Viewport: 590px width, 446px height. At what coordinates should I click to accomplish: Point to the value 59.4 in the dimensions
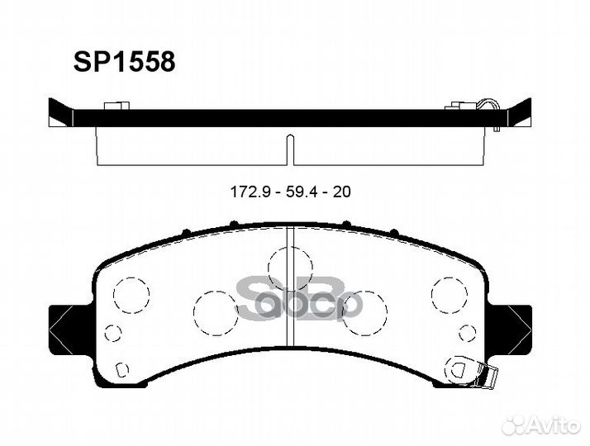pyautogui.click(x=299, y=192)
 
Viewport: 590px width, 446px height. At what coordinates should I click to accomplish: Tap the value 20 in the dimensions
pyautogui.click(x=341, y=192)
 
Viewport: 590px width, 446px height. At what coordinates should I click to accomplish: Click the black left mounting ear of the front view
pyautogui.click(x=63, y=321)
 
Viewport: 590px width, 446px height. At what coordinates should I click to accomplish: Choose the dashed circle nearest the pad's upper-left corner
pyautogui.click(x=131, y=293)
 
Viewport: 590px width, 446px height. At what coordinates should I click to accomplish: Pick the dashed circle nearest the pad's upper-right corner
pyautogui.click(x=449, y=293)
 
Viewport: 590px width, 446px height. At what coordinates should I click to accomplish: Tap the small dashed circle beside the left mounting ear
pyautogui.click(x=113, y=333)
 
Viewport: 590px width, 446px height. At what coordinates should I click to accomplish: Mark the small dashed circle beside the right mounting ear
pyautogui.click(x=468, y=333)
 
